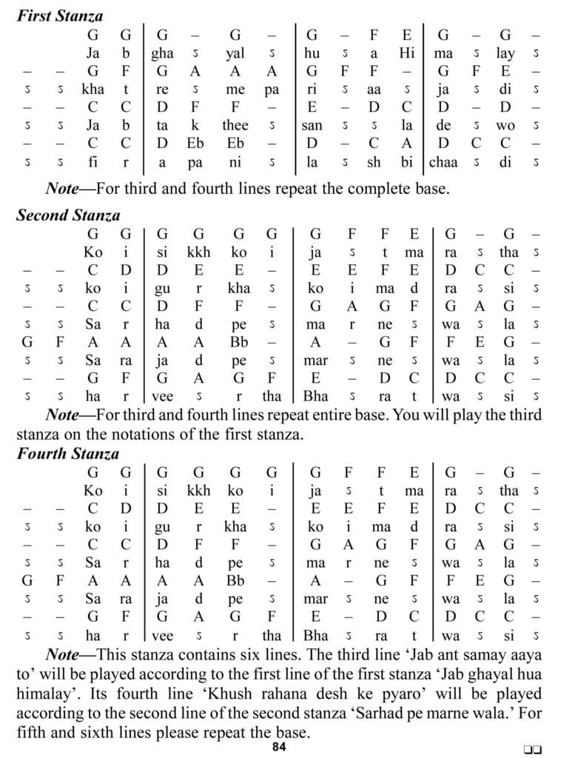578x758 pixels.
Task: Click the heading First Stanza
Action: click(x=60, y=16)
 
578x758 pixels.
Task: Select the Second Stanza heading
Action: click(x=67, y=215)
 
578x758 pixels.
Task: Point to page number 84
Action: click(x=278, y=746)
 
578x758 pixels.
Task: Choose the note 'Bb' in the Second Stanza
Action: click(x=238, y=343)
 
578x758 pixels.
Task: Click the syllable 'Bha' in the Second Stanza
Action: click(x=316, y=397)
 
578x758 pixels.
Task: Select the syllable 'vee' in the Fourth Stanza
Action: click(x=163, y=635)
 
